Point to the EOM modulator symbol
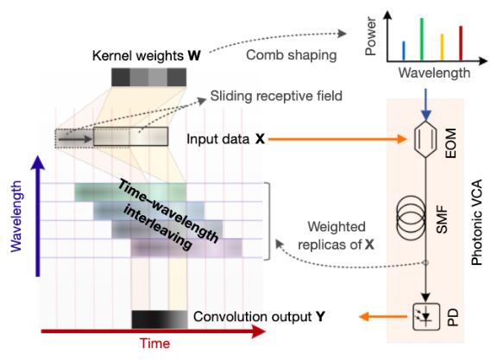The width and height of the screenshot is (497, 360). click(x=424, y=137)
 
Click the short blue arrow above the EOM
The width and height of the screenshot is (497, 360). click(x=424, y=106)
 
